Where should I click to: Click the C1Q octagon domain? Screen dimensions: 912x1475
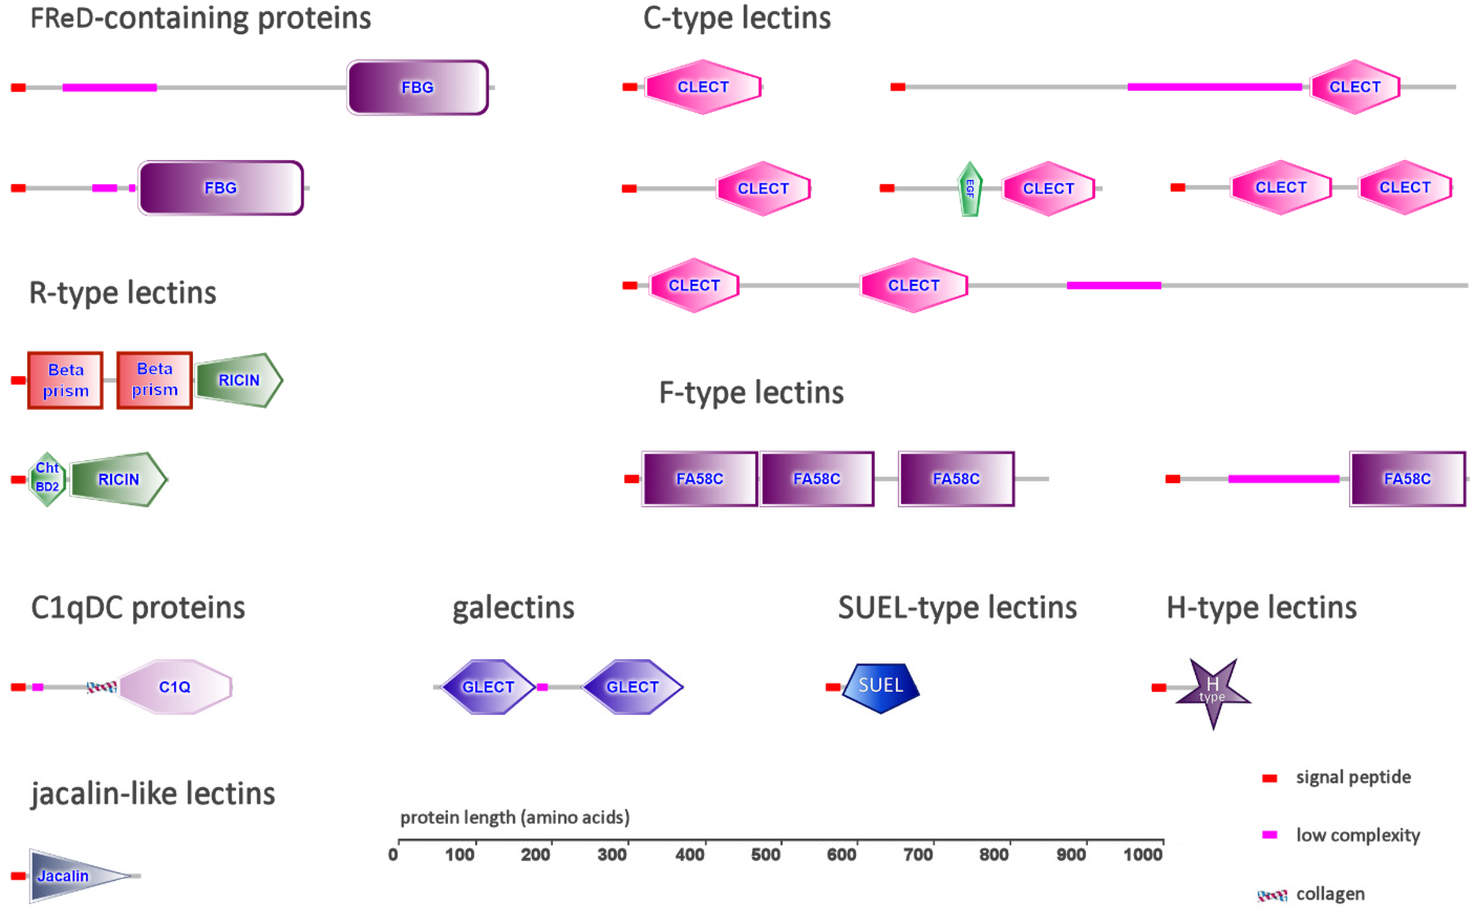coord(175,687)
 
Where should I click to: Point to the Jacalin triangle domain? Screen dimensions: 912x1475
coord(66,876)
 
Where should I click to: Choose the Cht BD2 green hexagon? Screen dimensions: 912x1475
coord(47,479)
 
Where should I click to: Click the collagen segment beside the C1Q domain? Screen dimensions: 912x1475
coord(101,687)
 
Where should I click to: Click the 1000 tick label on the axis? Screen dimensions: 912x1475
coord(1143,855)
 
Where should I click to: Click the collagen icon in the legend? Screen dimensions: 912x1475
coord(1272,895)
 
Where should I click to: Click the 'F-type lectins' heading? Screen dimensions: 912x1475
coord(751,393)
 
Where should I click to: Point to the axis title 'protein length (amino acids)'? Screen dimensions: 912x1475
coord(515,817)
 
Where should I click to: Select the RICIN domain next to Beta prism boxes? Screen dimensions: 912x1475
coord(238,380)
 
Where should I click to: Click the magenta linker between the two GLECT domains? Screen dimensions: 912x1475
coord(542,687)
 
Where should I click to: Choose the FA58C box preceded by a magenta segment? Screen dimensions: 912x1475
coord(1407,479)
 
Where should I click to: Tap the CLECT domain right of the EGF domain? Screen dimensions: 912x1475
coord(1048,189)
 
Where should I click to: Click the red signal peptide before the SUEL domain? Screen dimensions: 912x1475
coord(833,687)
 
